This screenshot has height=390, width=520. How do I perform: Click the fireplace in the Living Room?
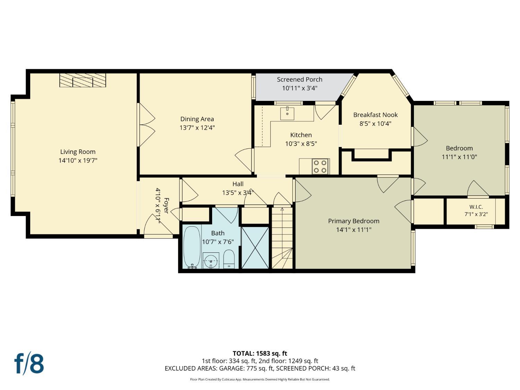pos(83,80)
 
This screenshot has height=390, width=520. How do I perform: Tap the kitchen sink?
pos(287,114)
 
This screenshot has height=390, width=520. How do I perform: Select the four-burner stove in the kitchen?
pos(320,166)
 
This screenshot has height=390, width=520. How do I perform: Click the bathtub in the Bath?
pos(192,247)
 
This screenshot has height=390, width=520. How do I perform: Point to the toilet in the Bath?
pos(229,259)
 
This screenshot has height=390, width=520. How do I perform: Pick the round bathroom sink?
pos(211,261)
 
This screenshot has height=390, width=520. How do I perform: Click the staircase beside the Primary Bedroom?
pos(282,238)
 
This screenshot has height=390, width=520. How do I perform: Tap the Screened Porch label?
pos(300,79)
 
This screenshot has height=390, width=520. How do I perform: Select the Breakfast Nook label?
pos(375,115)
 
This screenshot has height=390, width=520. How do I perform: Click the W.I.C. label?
pos(476,207)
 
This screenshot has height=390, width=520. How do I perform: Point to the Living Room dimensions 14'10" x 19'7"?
pos(78,161)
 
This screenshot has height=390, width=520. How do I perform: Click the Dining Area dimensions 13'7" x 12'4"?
pos(197,128)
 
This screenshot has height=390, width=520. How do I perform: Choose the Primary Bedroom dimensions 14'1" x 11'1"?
pos(354,229)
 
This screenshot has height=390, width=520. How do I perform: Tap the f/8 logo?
pos(29,365)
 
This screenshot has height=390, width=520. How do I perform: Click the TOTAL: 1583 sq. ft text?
pos(260,353)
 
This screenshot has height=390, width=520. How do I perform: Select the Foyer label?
pos(166,206)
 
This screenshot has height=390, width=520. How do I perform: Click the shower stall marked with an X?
pos(255,248)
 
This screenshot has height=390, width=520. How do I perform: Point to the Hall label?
pos(238,184)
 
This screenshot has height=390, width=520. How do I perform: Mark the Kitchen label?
pos(301,135)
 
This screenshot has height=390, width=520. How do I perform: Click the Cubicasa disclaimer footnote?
pos(260,379)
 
